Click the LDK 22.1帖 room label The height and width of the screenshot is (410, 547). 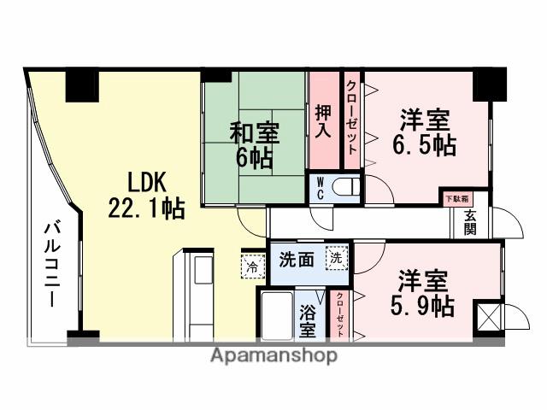146,196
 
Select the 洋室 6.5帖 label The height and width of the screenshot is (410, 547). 423,132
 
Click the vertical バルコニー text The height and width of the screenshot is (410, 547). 50,264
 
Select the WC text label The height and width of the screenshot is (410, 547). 318,187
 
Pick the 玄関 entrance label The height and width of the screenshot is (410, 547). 472,223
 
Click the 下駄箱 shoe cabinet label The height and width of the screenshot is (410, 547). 456,198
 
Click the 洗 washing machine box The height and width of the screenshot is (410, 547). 337,257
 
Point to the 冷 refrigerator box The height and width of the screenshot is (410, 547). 252,266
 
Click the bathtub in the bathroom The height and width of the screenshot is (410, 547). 276,314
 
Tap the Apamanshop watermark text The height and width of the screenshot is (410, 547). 273,355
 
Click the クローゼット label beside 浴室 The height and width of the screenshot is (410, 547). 339,315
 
